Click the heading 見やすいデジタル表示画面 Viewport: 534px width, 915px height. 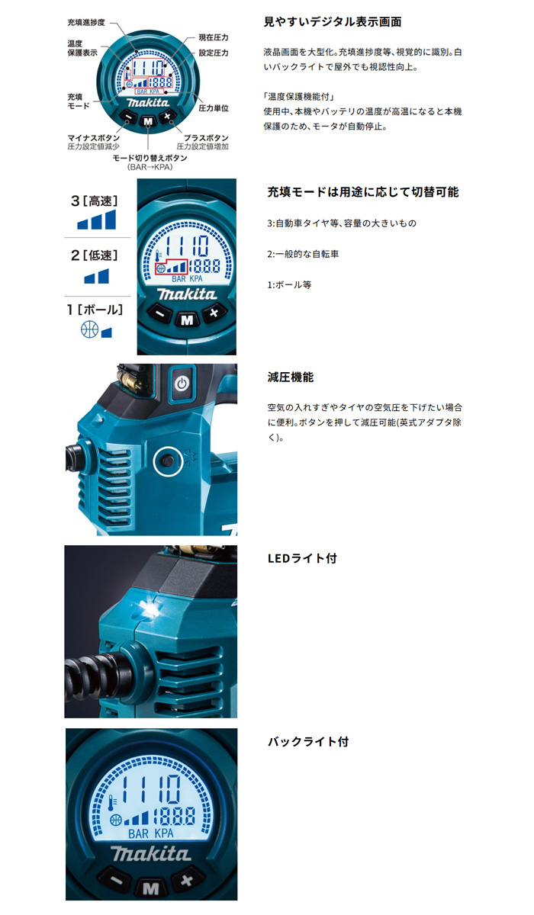(333, 21)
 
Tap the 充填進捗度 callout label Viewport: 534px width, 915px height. (86, 22)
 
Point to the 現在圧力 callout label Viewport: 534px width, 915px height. (214, 37)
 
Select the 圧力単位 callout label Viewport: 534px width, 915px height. (214, 108)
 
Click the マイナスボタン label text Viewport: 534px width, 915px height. (94, 138)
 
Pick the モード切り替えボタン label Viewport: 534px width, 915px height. (150, 158)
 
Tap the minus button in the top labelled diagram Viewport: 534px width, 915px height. (129, 118)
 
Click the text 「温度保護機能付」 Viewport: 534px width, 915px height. (299, 96)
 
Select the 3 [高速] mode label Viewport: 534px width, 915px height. (95, 201)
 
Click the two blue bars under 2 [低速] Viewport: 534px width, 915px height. (96, 277)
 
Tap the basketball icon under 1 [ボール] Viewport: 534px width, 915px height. (89, 329)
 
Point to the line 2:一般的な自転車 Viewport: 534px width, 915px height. (303, 254)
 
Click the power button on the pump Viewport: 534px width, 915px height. (182, 384)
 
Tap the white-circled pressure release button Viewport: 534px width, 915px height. (168, 461)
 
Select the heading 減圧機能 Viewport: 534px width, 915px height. (291, 377)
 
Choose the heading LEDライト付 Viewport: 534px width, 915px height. (302, 558)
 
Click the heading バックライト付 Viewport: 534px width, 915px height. (308, 742)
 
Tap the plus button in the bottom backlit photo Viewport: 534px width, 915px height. (186, 879)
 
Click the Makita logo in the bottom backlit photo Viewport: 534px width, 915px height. (151, 853)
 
